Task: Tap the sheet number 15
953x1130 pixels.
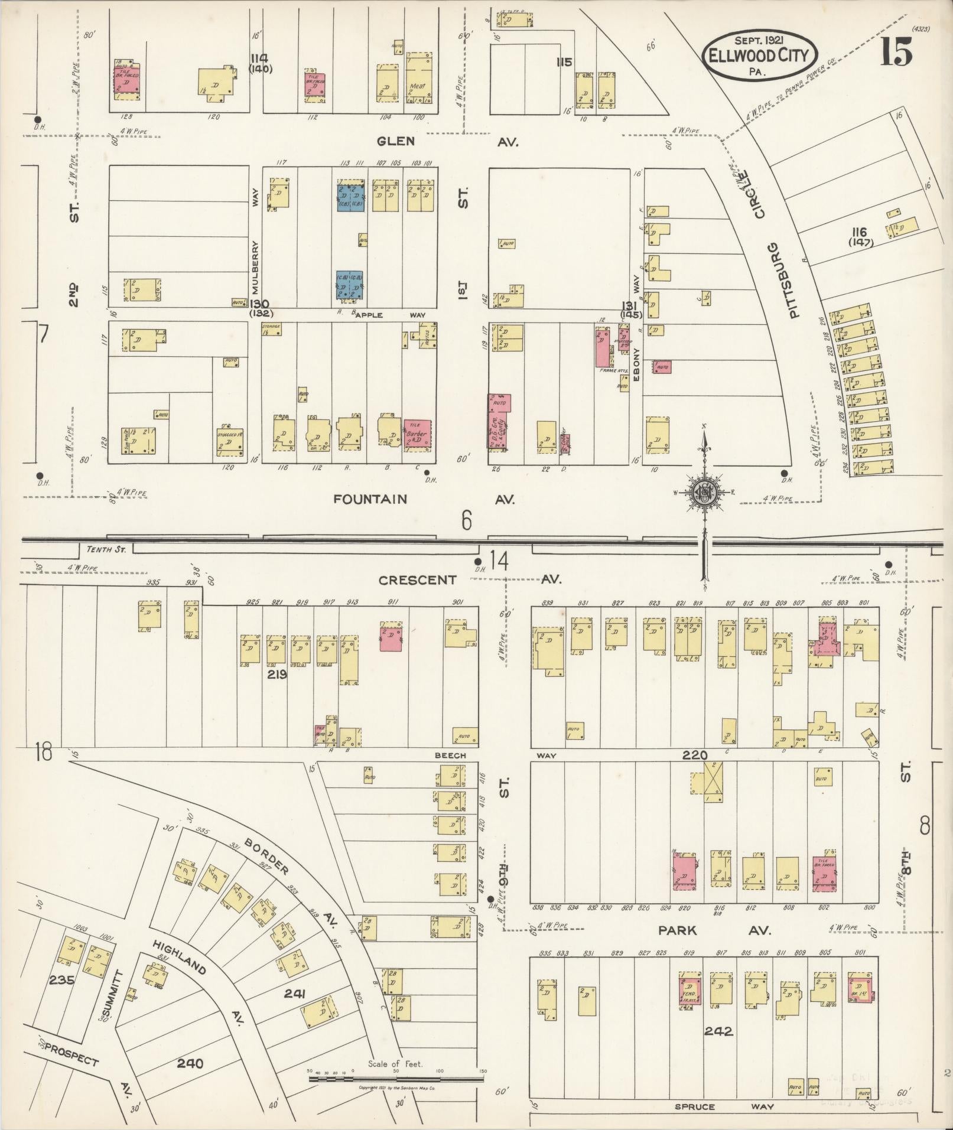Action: pos(897,53)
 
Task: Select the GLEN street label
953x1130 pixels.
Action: pos(396,141)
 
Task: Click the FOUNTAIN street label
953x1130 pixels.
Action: pos(370,499)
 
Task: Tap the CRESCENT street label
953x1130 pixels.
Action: pos(418,580)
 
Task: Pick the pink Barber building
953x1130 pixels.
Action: pos(417,436)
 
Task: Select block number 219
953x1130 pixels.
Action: pos(277,674)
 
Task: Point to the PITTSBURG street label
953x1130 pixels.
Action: pos(792,281)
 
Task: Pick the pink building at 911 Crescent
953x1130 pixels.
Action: pos(391,636)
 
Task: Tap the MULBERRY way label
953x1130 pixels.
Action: pos(256,266)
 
